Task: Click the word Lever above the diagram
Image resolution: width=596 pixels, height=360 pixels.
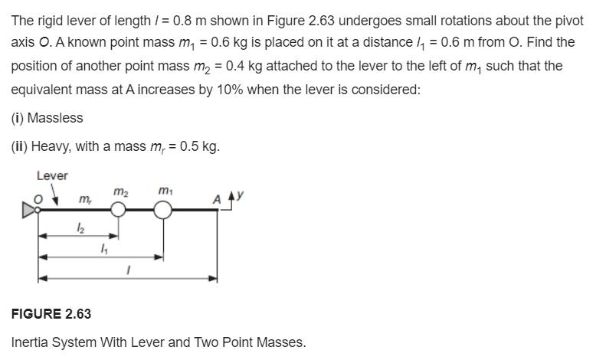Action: point(52,175)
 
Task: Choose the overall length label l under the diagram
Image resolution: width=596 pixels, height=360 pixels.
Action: point(129,270)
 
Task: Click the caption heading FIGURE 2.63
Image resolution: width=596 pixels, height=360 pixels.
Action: point(51,314)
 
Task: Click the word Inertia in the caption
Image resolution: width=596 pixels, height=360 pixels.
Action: point(30,342)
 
